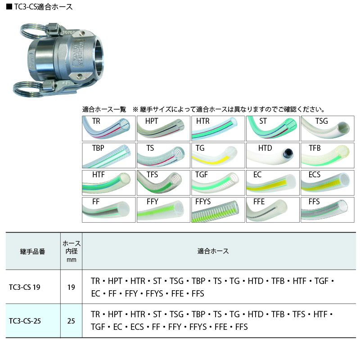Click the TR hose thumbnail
tap(109, 128)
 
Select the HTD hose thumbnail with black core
tap(273, 155)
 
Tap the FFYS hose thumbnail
tap(218, 210)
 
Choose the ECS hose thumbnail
tap(328, 183)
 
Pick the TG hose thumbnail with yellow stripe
tap(218, 155)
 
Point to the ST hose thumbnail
tap(273, 128)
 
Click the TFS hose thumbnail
tap(163, 183)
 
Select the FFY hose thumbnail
tap(163, 210)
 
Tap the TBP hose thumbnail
tap(109, 155)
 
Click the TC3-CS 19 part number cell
tap(25, 287)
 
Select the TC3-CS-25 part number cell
tap(25, 321)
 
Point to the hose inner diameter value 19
tap(71, 287)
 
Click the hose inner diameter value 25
tap(71, 321)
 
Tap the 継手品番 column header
tap(32, 252)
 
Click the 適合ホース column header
tap(213, 251)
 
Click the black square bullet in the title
tap(9, 7)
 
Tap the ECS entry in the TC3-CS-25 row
tap(137, 327)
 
